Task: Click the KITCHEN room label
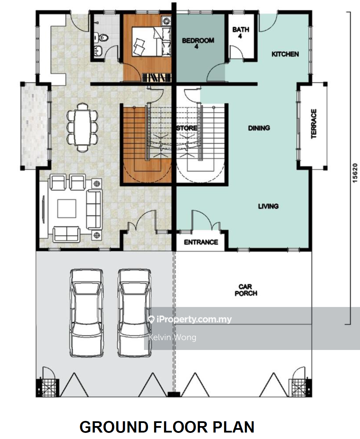click(x=285, y=54)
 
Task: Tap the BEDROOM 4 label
click(x=198, y=43)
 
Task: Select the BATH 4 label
click(x=241, y=33)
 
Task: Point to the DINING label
click(x=259, y=128)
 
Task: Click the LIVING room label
click(x=268, y=206)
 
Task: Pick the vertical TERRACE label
click(x=314, y=123)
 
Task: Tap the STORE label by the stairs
click(x=187, y=128)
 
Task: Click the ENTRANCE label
click(x=201, y=242)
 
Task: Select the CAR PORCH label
click(x=246, y=290)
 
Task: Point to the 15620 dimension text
click(x=355, y=173)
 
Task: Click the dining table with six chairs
click(x=83, y=127)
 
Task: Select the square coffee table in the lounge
click(x=67, y=208)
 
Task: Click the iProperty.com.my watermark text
click(x=194, y=320)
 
